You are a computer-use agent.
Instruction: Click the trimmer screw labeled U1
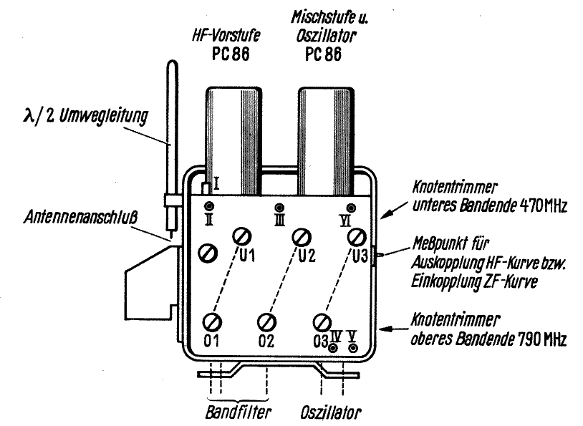coord(241,236)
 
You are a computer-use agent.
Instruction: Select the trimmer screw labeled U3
coord(356,236)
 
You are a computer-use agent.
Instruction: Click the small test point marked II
coord(207,207)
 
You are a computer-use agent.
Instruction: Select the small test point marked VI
coord(350,208)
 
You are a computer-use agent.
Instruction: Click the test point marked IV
coord(334,348)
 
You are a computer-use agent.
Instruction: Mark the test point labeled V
coord(352,348)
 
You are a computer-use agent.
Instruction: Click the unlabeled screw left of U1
coord(208,252)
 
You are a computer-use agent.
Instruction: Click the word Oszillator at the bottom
coord(330,413)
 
